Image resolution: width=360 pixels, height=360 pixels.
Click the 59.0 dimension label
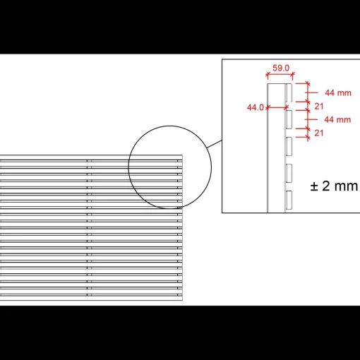pyautogui.click(x=281, y=68)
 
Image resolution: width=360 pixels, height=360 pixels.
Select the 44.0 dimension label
pyautogui.click(x=256, y=107)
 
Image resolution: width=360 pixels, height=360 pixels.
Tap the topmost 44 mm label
pyautogui.click(x=338, y=93)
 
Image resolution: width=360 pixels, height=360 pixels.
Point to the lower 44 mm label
pyautogui.click(x=337, y=120)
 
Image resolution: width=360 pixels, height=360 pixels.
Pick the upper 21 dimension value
pyautogui.click(x=319, y=107)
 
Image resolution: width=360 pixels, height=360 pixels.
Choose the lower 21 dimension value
pyautogui.click(x=319, y=133)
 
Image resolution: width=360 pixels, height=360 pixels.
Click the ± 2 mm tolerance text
pyautogui.click(x=334, y=186)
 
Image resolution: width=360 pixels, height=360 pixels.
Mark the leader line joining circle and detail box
pyautogui.click(x=214, y=144)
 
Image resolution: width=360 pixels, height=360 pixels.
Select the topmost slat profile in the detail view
pyautogui.click(x=289, y=92)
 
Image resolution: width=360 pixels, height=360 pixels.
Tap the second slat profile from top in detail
pyautogui.click(x=289, y=119)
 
